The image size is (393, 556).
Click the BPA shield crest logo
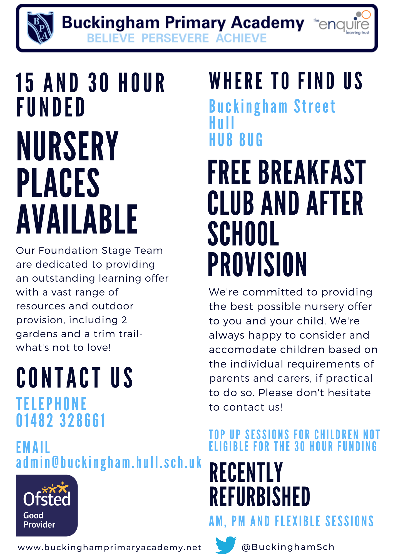click(x=40, y=28)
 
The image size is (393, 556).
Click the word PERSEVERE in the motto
click(x=175, y=38)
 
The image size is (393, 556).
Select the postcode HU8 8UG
click(x=236, y=140)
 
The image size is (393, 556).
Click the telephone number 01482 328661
click(x=61, y=420)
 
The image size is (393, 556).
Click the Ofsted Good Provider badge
click(x=47, y=505)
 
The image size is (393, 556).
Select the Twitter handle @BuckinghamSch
click(x=288, y=547)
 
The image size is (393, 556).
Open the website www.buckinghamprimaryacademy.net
click(x=110, y=547)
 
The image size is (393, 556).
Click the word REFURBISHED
click(x=260, y=497)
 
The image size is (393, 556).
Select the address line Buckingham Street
click(x=272, y=106)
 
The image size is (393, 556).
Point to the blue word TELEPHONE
click(x=51, y=404)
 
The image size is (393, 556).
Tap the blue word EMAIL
click(x=33, y=447)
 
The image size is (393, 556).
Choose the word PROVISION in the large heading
click(x=257, y=265)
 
